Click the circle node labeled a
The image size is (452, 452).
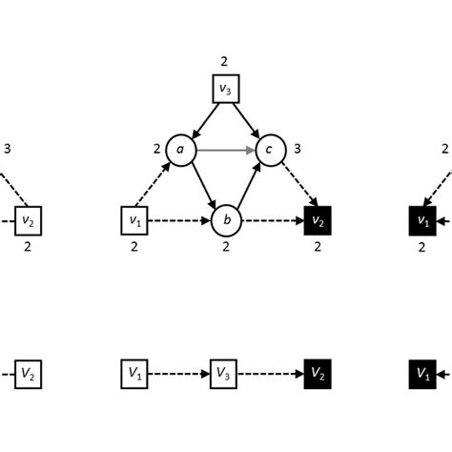click(x=177, y=149)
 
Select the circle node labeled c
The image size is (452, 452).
click(x=270, y=149)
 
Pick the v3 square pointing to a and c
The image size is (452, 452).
click(x=224, y=91)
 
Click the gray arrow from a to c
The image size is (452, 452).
click(x=223, y=149)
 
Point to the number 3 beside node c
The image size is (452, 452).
click(x=298, y=149)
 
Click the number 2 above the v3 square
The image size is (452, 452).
click(x=224, y=62)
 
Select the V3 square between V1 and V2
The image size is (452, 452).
click(x=224, y=371)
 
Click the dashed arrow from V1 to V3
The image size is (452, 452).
click(x=177, y=371)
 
